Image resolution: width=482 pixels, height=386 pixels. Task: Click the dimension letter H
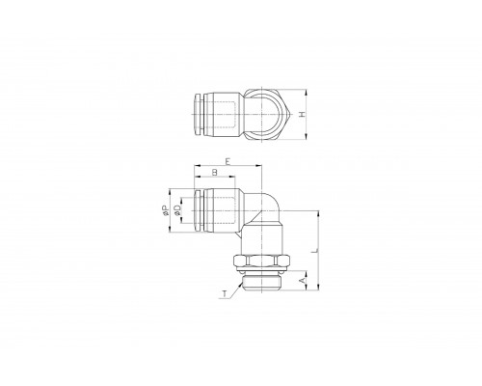coord(302,115)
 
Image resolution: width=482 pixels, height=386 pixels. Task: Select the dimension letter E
coord(228,161)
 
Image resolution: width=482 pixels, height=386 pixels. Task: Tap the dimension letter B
coord(215,173)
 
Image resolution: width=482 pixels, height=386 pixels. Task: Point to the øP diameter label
coord(165,210)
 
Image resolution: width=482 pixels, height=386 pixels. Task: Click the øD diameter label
coord(177,210)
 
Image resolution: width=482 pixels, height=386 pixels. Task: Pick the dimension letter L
coord(315,250)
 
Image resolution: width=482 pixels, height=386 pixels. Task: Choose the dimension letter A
coord(302,281)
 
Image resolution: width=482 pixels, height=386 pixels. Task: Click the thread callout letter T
coord(225,293)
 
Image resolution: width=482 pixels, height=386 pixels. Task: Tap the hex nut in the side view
coord(262,261)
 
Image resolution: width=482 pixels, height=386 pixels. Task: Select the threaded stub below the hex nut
coord(262,281)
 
